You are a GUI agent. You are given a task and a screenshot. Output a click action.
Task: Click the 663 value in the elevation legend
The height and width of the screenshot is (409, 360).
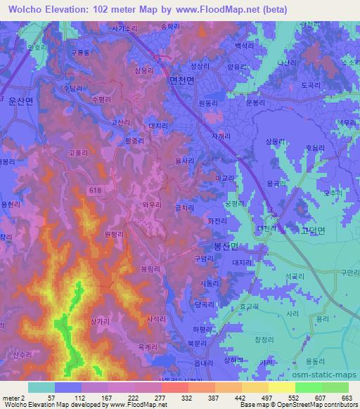[x=347, y=398]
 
